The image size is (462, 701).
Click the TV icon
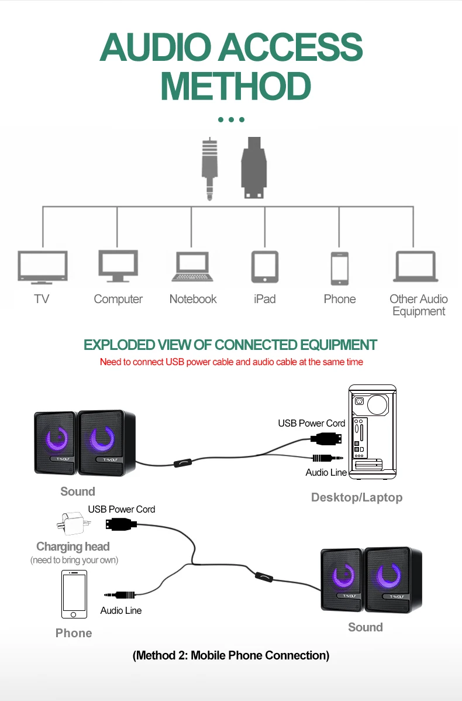click(42, 267)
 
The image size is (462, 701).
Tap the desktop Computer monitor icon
click(118, 266)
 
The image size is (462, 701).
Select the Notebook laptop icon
click(192, 267)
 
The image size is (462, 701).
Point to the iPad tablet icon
click(265, 267)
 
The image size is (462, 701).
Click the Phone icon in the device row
click(339, 268)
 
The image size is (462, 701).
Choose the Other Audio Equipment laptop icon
click(416, 267)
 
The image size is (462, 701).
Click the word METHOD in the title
click(235, 86)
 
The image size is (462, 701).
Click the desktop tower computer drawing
click(373, 432)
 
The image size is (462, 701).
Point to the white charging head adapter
click(70, 523)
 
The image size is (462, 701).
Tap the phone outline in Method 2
click(74, 595)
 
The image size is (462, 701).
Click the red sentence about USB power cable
click(231, 362)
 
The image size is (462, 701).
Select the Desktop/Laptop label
click(357, 497)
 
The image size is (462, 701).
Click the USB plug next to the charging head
click(121, 524)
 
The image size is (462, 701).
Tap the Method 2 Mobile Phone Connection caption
click(231, 655)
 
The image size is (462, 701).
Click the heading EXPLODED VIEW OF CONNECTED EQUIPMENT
click(230, 345)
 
